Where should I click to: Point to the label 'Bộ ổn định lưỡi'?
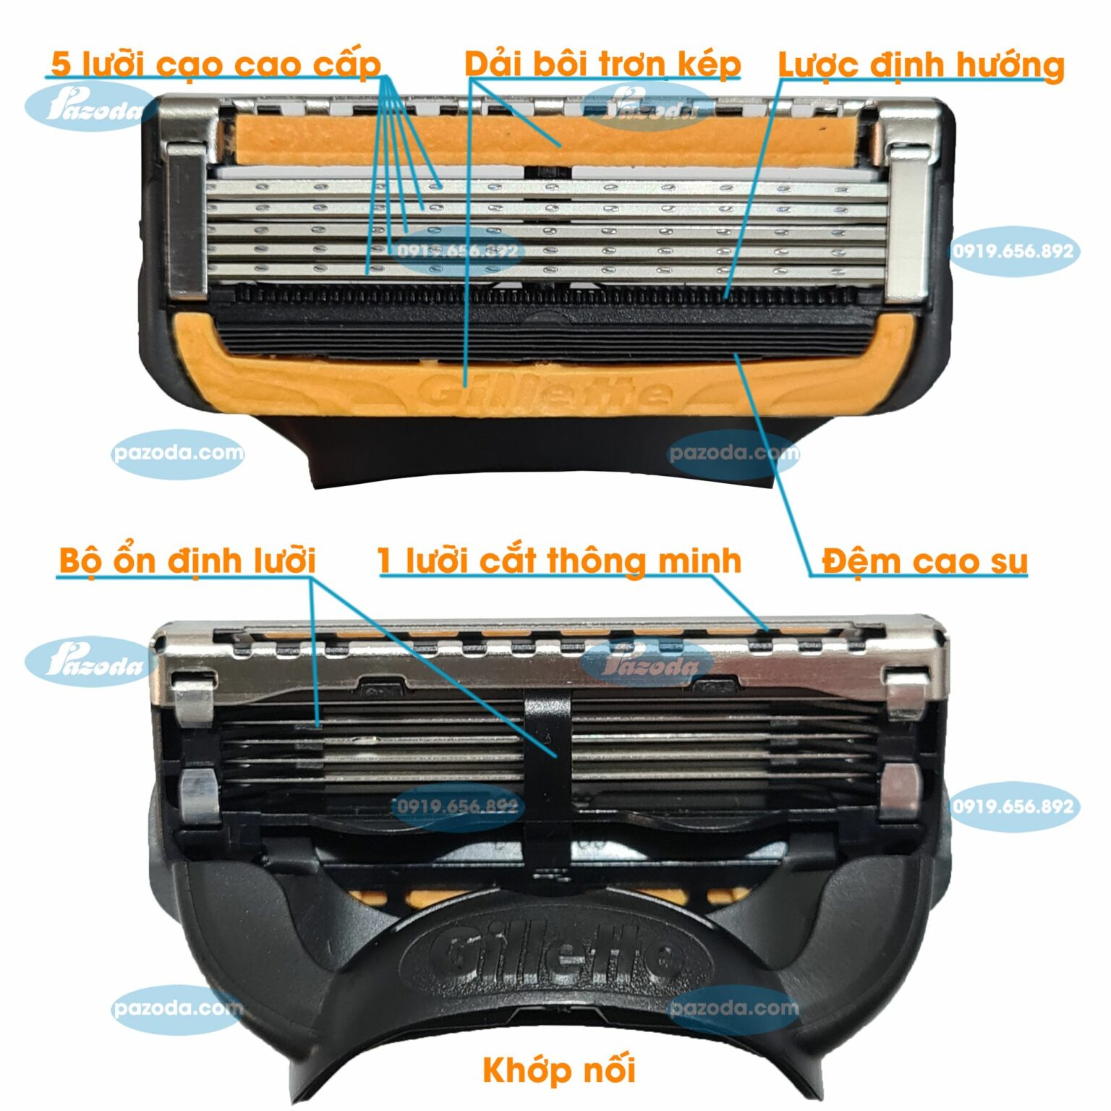tap(187, 561)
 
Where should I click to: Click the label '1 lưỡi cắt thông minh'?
tap(559, 561)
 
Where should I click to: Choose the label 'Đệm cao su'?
tap(924, 561)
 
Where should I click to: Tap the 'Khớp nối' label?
tap(558, 1069)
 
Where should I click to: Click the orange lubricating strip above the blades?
tap(550, 141)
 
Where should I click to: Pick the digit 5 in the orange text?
tap(61, 64)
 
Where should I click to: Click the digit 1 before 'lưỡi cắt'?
tap(386, 561)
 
